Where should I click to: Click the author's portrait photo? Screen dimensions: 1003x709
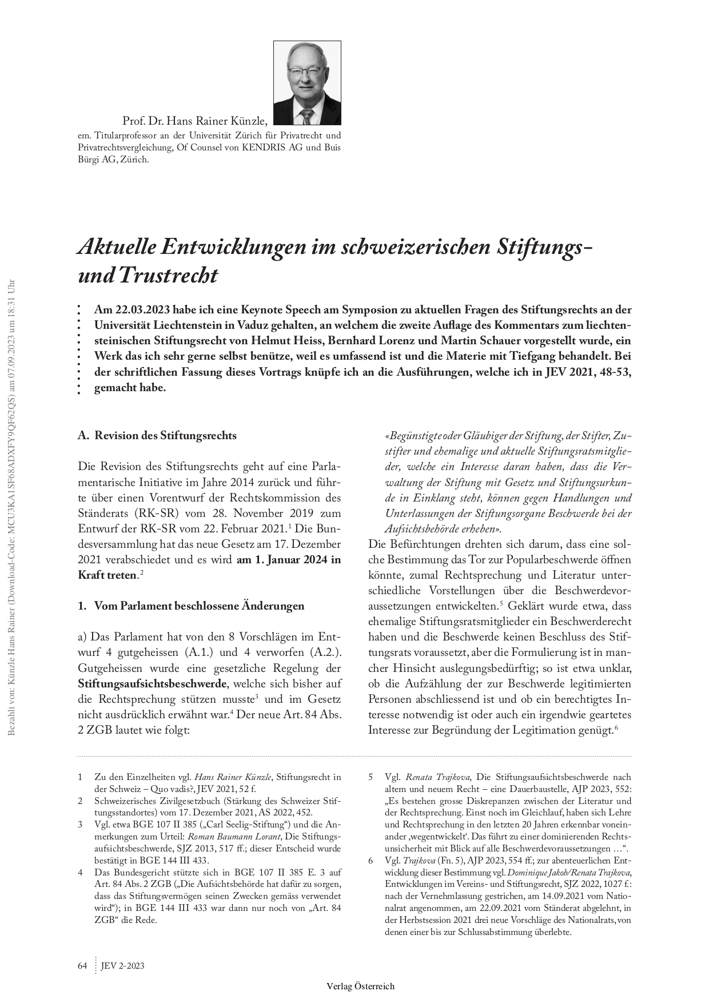point(307,83)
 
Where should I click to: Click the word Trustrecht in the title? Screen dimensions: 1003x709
point(169,276)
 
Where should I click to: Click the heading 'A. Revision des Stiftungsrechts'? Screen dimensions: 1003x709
point(157,435)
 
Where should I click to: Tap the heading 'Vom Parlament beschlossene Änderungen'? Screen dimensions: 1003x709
point(199,606)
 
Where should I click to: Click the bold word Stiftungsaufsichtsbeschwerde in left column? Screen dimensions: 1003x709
point(152,683)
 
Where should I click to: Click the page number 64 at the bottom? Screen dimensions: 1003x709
point(82,966)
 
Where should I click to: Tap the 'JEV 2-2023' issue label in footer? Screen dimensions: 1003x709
point(122,966)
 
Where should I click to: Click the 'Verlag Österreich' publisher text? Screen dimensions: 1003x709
point(360,986)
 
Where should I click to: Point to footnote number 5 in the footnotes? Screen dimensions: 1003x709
point(371,777)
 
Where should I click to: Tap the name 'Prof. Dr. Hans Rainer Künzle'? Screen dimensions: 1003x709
point(194,121)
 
